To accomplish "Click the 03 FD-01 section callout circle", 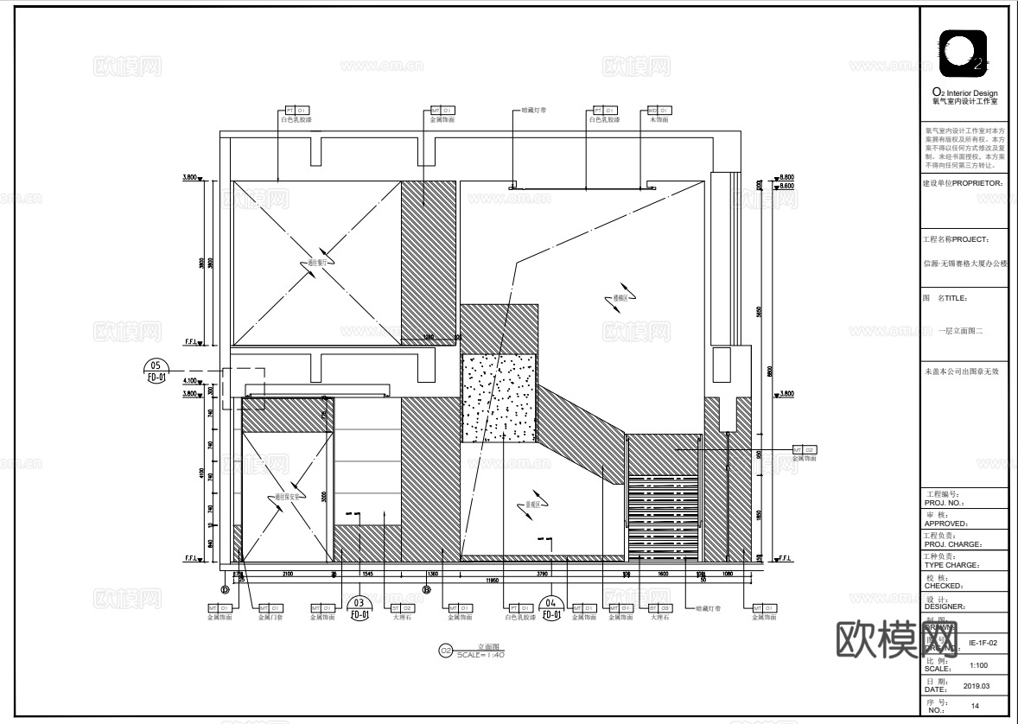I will click(359, 608).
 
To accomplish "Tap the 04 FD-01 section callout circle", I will click(552, 608).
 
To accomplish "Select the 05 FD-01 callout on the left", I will click(156, 372).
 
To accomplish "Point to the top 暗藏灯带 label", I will click(534, 111).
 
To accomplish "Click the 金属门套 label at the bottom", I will click(270, 618).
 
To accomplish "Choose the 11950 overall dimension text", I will click(493, 581).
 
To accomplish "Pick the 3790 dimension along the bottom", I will click(542, 573).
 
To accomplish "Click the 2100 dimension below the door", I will click(287, 573).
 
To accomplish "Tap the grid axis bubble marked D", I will click(225, 590).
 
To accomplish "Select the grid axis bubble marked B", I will click(426, 590).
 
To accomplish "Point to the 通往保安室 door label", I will click(287, 497).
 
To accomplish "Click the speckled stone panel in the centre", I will click(499, 397).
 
